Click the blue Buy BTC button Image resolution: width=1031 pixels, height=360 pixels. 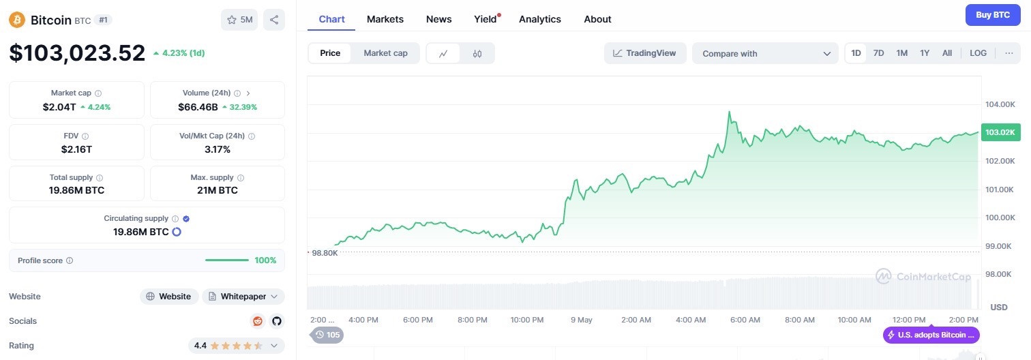(993, 15)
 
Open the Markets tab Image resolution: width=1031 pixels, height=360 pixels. (385, 19)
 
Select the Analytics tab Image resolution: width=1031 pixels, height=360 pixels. (540, 19)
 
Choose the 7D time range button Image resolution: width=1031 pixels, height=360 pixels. (879, 53)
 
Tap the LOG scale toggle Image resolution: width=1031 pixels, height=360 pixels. (978, 53)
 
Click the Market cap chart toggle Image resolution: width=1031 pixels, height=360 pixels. (386, 53)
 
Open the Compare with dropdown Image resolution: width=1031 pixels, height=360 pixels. (766, 53)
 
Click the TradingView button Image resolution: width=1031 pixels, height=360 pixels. (645, 53)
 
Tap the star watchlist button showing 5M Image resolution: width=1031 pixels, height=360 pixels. (239, 20)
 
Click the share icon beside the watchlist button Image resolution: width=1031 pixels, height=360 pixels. (274, 20)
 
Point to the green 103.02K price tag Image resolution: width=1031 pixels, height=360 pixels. (1000, 132)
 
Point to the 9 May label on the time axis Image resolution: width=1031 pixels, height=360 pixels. (582, 320)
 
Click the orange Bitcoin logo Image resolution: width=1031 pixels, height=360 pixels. (17, 20)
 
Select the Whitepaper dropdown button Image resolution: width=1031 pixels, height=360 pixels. (243, 297)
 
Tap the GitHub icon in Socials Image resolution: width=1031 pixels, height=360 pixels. (277, 321)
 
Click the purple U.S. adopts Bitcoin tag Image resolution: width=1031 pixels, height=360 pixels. (931, 335)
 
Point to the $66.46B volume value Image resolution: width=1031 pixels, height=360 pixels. (198, 107)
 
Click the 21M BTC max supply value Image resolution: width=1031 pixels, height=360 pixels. (218, 191)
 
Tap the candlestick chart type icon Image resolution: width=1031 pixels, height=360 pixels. (477, 53)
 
